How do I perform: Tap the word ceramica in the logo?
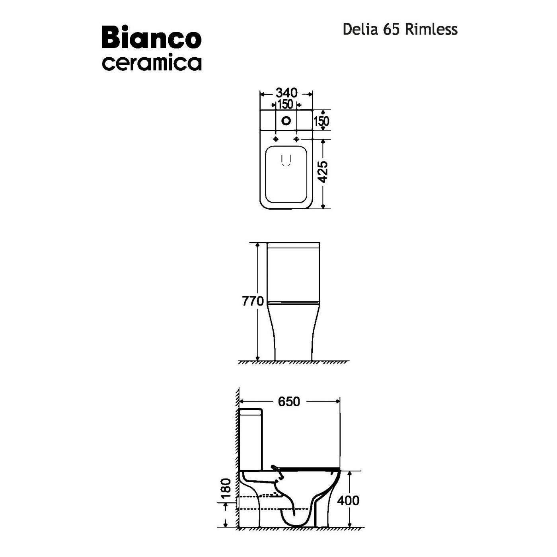pyautogui.click(x=152, y=63)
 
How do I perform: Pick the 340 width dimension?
pyautogui.click(x=286, y=93)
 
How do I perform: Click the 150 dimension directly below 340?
pyautogui.click(x=286, y=104)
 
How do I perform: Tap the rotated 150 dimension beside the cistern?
pyautogui.click(x=321, y=121)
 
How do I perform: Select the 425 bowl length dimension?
pyautogui.click(x=323, y=172)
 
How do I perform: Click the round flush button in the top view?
pyautogui.click(x=286, y=121)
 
